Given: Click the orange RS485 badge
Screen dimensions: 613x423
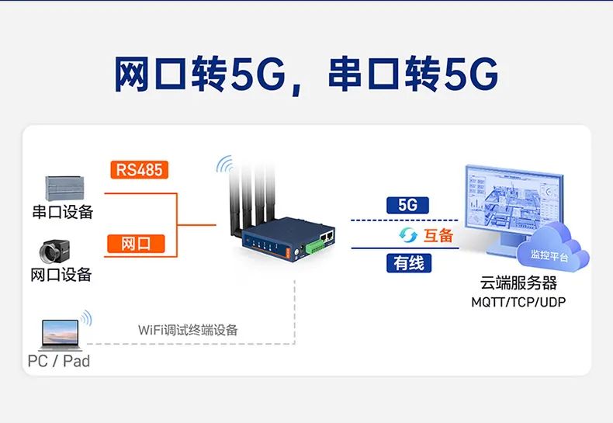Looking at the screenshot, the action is tap(139, 170).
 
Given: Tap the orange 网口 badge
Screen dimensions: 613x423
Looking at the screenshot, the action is tap(136, 243).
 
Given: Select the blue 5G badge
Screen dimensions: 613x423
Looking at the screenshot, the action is tap(407, 205).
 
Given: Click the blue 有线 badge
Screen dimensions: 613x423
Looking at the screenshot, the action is tap(409, 262).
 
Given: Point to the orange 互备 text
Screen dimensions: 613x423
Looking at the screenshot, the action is tap(438, 235).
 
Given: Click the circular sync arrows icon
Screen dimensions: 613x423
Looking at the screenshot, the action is tap(408, 235).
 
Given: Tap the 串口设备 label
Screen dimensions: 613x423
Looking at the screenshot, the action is tap(63, 211).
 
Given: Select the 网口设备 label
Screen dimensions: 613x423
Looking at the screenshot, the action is tap(61, 275).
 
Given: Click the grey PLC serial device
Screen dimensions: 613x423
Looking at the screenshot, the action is tap(64, 188).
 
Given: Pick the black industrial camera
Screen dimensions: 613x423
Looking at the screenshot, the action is tap(55, 251).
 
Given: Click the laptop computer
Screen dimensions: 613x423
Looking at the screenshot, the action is tap(61, 335).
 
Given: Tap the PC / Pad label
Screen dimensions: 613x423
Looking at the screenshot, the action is tap(59, 361).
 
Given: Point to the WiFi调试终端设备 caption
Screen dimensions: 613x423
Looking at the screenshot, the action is tap(188, 330).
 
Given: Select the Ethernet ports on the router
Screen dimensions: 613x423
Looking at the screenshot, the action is tap(326, 236).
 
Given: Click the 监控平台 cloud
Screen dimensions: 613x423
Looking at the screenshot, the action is tap(552, 248).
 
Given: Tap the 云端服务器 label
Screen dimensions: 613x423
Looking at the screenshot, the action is tap(518, 283).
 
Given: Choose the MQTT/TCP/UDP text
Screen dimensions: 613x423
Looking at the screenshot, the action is tap(518, 302).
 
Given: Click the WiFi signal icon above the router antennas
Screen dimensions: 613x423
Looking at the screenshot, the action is tap(224, 165).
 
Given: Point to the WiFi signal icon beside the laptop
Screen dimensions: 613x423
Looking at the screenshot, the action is tap(86, 318).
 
